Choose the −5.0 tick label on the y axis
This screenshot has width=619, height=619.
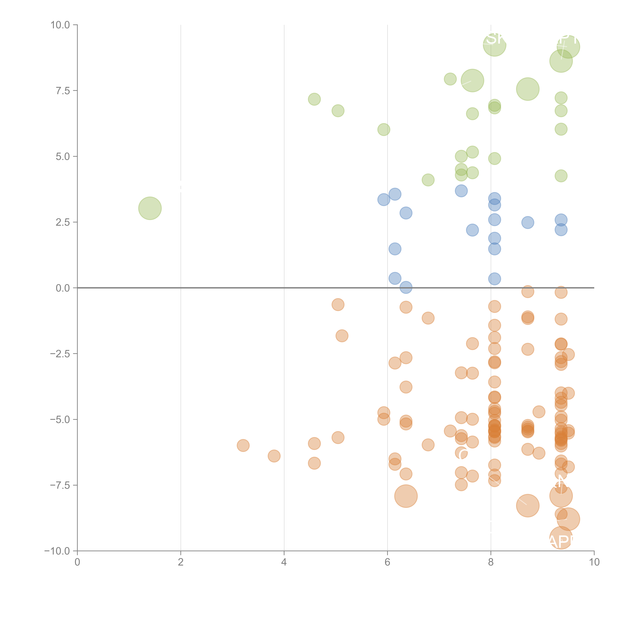[x=60, y=419]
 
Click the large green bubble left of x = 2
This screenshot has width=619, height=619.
[x=150, y=208]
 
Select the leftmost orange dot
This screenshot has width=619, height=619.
[x=243, y=445]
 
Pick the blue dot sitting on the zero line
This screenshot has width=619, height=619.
[x=406, y=287]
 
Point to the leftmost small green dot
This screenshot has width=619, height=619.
[x=314, y=99]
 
